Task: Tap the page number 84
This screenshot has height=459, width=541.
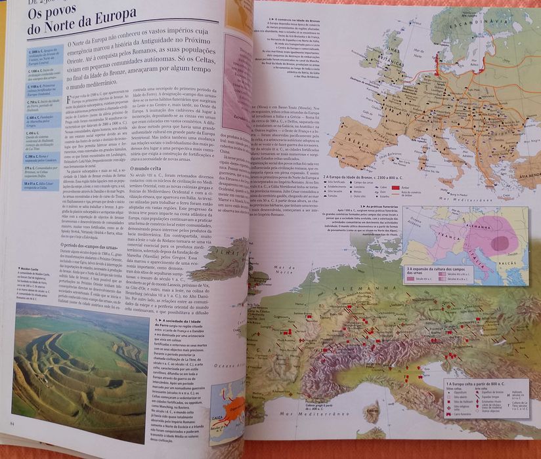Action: [x=12, y=423]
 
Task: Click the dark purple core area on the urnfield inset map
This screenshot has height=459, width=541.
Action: [x=499, y=242]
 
